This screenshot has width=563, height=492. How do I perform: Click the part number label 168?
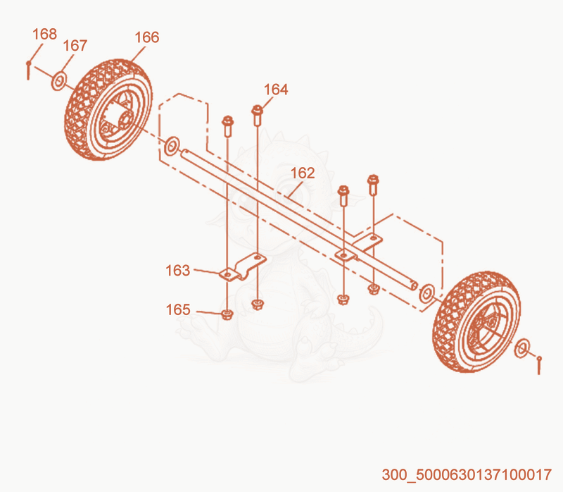[44, 34]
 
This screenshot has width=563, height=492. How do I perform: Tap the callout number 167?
[75, 46]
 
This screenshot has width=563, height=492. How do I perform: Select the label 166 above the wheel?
[147, 37]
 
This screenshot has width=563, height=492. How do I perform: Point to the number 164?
[276, 90]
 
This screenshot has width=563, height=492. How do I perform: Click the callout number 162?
[303, 173]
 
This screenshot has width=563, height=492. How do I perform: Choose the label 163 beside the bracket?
[177, 271]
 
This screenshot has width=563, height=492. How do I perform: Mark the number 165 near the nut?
[178, 309]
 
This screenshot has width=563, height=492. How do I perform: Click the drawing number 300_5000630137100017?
[467, 475]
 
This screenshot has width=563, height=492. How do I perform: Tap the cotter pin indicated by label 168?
[28, 70]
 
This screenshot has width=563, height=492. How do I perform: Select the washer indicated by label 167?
[59, 82]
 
